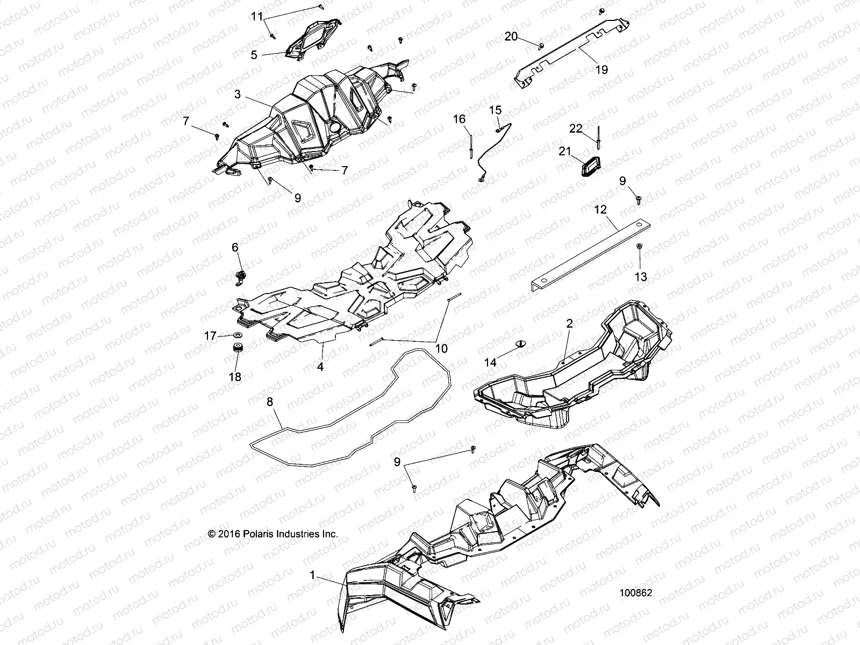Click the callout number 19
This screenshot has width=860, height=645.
[601, 70]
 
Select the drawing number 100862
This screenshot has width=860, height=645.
[635, 592]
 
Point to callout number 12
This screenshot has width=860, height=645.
[600, 210]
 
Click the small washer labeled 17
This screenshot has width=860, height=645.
[238, 335]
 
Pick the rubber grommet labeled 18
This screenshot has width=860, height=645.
[237, 347]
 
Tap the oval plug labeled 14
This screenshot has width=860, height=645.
[520, 343]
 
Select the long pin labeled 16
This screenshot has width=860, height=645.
[470, 146]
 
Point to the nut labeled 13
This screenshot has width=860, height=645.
[639, 246]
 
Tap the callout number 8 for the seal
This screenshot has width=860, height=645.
[270, 402]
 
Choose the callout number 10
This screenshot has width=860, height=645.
[441, 348]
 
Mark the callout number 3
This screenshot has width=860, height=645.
[238, 95]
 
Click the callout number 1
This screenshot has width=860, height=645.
[312, 575]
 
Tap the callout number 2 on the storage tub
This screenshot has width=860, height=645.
[569, 324]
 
